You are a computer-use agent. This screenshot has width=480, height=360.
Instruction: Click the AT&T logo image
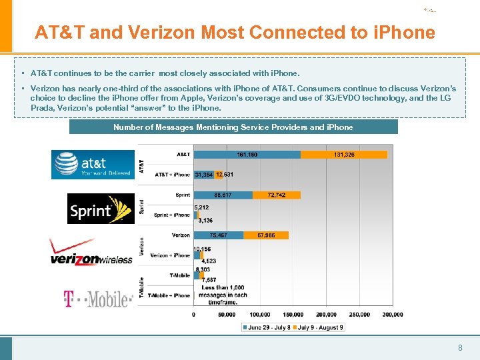93,164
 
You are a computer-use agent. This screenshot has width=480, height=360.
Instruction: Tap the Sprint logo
101,209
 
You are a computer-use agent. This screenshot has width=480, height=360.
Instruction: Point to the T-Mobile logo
97,299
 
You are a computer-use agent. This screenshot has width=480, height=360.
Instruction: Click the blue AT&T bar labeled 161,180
247,155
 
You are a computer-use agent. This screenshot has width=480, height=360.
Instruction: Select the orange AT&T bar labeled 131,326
344,155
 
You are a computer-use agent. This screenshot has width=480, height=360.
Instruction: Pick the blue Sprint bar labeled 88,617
223,195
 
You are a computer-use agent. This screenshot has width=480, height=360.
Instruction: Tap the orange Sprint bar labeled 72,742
277,195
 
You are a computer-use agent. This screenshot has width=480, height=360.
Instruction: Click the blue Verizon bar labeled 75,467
218,235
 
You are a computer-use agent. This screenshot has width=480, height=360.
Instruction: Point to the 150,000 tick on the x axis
293,314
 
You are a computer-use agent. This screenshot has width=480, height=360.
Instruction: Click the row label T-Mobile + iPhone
169,295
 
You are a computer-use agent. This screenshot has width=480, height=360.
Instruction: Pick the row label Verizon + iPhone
170,255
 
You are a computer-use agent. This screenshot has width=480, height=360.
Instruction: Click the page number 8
460,347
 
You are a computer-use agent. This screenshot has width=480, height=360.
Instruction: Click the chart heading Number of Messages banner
233,127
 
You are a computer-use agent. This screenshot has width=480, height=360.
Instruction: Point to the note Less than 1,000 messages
224,295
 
